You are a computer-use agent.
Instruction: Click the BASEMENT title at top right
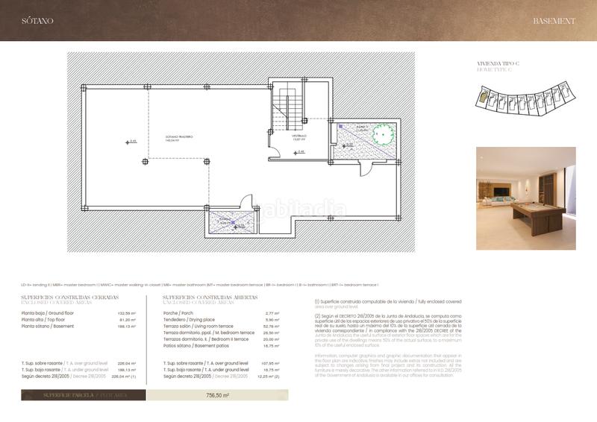pos(554,21)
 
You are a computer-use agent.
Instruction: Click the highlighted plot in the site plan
pos(484,95)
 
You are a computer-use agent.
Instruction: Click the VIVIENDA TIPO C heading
pos(497,63)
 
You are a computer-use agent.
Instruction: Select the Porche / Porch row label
pos(178,313)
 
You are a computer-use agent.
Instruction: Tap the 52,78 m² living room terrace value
pos(272,326)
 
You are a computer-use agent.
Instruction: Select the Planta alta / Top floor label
pos(48,320)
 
